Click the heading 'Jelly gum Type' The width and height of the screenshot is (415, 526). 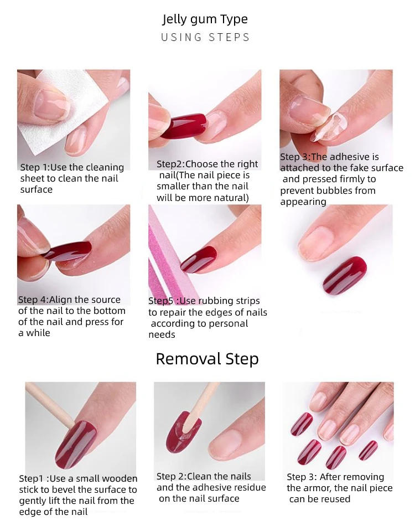(x=205, y=19)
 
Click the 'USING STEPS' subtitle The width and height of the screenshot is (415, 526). (x=205, y=37)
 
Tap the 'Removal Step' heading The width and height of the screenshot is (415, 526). (x=207, y=359)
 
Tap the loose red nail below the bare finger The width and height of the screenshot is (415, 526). (x=345, y=274)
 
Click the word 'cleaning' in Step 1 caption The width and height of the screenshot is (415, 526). (x=104, y=167)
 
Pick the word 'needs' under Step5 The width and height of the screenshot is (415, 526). (x=162, y=335)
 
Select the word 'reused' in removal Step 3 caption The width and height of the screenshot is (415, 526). (x=335, y=499)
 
